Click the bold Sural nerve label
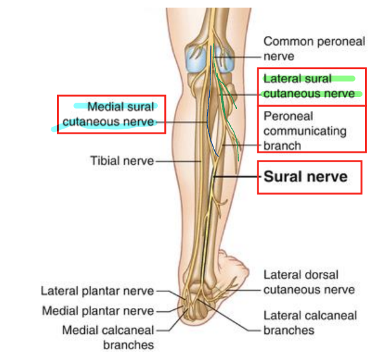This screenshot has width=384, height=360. tap(305, 177)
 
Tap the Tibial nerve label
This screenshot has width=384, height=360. tap(122, 161)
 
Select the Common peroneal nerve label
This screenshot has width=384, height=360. tap(314, 49)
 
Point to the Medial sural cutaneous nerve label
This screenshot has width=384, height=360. tap(108, 114)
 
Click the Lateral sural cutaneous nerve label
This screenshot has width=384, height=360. tap(309, 86)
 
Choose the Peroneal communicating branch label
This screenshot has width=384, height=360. tap(305, 131)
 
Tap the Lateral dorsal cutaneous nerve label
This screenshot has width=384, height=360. tap(309, 283)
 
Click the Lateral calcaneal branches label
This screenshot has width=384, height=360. tap(310, 323)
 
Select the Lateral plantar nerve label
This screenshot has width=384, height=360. tap(97, 291)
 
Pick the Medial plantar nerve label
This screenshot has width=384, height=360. tap(98, 311)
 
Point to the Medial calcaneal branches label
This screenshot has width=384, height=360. tap(108, 338)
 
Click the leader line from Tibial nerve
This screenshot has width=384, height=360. tap(179, 162)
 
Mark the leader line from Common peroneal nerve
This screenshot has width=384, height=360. tap(237, 57)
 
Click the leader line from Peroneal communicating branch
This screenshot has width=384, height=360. tap(241, 145)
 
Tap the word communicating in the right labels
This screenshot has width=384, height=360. tap(305, 131)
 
